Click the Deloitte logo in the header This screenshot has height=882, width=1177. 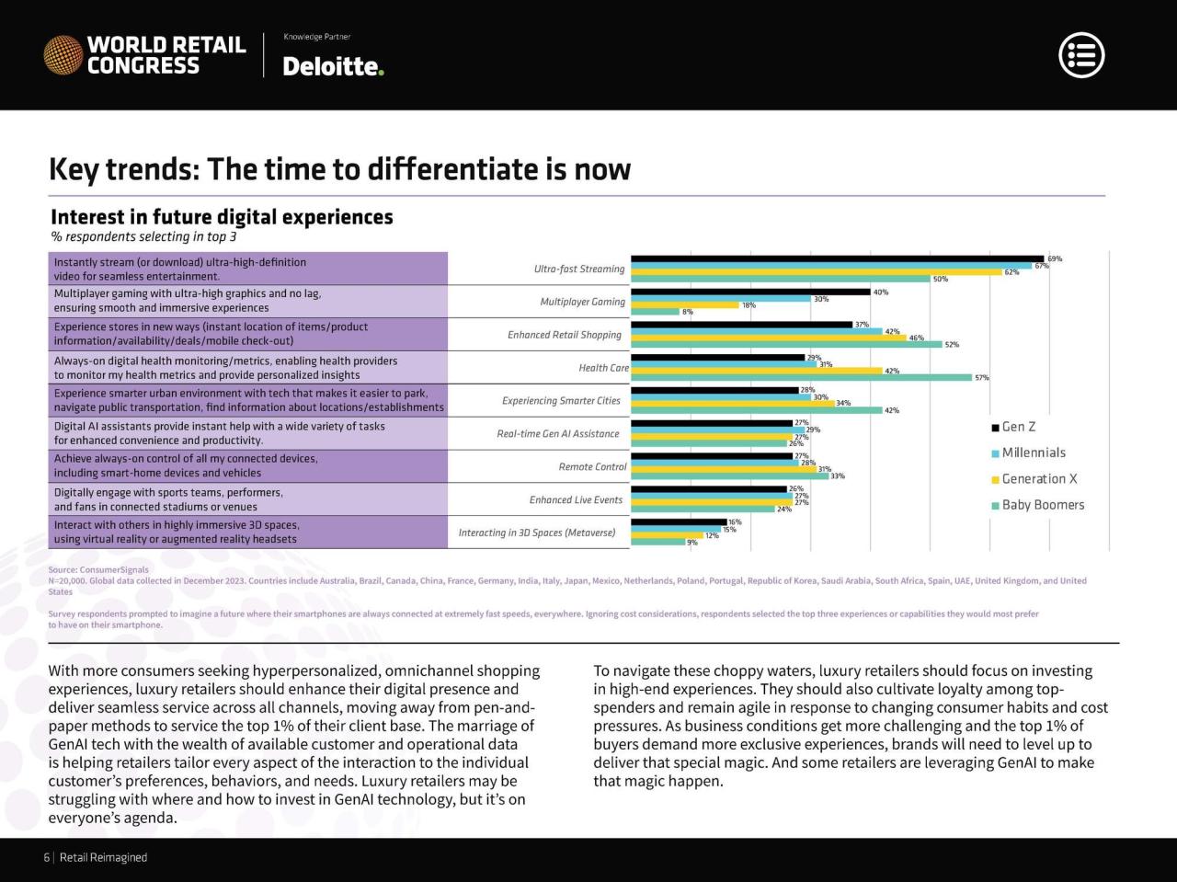click(333, 66)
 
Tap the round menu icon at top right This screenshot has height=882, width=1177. click(1081, 55)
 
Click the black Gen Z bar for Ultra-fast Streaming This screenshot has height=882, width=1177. click(837, 258)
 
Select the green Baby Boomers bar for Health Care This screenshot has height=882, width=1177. click(801, 377)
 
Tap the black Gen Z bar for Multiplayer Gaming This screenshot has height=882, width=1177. click(750, 292)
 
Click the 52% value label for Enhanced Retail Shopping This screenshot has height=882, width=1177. click(952, 345)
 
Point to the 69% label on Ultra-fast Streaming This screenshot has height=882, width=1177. click(1055, 258)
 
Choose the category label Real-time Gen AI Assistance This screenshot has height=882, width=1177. click(558, 434)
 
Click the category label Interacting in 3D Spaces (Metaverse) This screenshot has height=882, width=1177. click(537, 533)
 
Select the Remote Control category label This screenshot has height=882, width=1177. click(592, 467)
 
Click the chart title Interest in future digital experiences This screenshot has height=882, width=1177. click(222, 217)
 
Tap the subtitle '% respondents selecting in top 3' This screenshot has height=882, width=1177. click(143, 237)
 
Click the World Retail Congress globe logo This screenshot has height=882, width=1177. click(63, 55)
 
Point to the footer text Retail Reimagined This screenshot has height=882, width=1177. click(103, 858)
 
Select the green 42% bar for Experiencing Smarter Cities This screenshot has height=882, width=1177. click(756, 410)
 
